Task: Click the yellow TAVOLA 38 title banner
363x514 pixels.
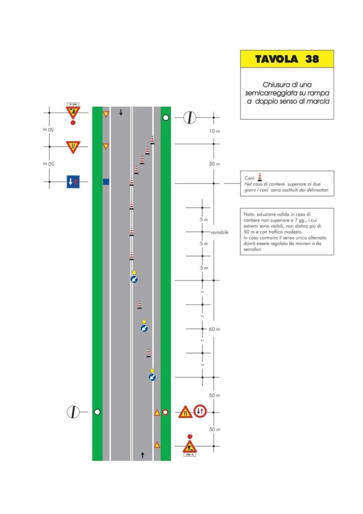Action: click(287, 59)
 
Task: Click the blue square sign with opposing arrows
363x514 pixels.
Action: click(73, 182)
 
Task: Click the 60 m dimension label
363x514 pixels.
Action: click(214, 329)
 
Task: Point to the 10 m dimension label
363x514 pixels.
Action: click(214, 131)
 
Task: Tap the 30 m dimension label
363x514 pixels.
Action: click(214, 164)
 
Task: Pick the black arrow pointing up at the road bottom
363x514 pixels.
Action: click(143, 455)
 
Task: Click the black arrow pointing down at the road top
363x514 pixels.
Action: click(121, 112)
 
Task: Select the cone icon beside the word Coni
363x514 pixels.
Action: click(260, 176)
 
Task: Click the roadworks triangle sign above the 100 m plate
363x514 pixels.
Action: click(189, 446)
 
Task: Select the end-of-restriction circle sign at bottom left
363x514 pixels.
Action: click(73, 412)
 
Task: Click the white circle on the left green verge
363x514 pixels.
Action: click(97, 412)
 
